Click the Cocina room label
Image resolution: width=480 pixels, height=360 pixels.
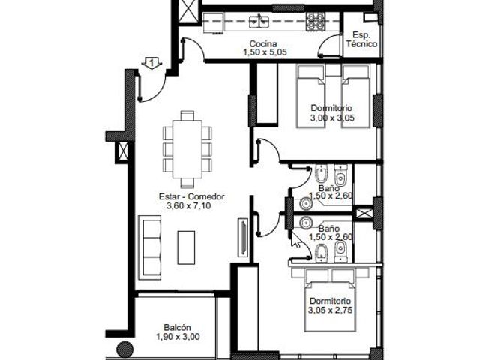[x=263, y=44]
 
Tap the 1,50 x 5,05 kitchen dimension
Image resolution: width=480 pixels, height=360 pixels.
[x=265, y=52]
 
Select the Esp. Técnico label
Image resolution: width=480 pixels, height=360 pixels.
[x=361, y=40]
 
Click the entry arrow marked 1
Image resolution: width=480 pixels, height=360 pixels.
[x=151, y=63]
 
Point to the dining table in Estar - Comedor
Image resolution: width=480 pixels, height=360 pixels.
[x=187, y=149]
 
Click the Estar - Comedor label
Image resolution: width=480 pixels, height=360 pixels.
[x=192, y=196]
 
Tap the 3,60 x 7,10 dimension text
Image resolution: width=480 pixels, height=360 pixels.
[x=188, y=205]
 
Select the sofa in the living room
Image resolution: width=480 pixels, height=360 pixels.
[x=150, y=247]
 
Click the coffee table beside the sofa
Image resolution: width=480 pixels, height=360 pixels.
[x=186, y=247]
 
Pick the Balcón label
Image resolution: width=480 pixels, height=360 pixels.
[x=177, y=327]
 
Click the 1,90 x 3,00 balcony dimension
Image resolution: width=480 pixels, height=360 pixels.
[x=178, y=337]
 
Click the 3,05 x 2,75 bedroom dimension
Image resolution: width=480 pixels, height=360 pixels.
[x=330, y=310]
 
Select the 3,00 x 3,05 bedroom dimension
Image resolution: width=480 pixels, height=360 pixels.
[x=332, y=118]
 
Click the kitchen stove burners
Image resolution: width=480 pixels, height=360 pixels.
[x=316, y=22]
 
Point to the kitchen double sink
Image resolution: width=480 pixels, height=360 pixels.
[x=259, y=21]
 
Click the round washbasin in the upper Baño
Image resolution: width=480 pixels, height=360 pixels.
[x=305, y=203]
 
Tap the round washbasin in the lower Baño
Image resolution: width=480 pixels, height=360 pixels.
[x=305, y=223]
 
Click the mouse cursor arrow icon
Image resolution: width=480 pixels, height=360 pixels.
[x=295, y=240]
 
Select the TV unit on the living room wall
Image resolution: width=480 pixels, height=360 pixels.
[x=243, y=237]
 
